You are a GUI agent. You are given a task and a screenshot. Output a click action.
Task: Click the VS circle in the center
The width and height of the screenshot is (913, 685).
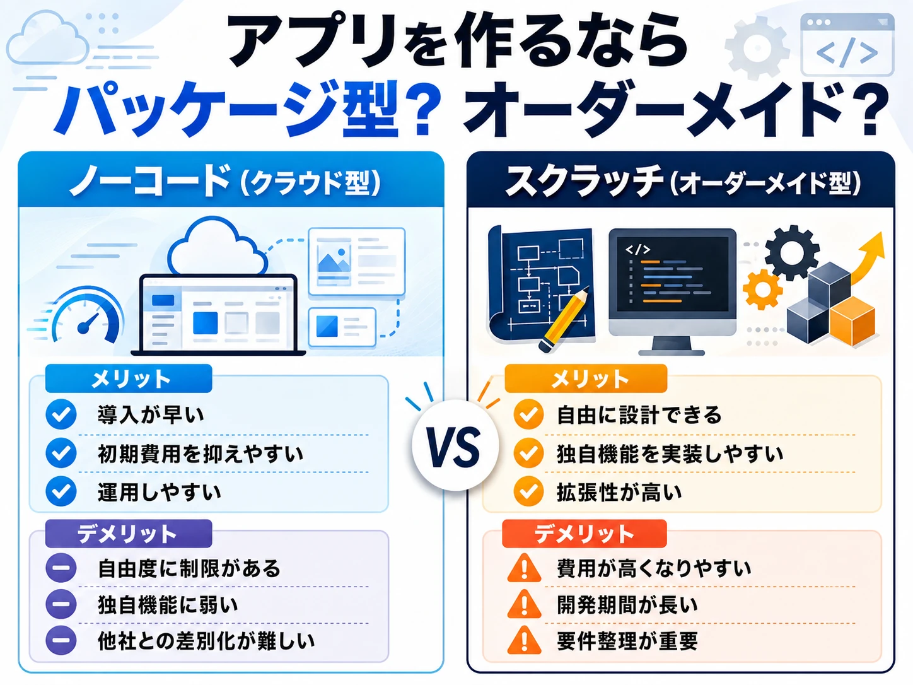(455, 445)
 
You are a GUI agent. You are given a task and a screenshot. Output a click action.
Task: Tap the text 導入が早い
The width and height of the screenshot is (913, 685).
(151, 414)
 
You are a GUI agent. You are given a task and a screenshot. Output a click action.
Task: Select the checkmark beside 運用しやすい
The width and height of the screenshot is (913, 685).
(61, 491)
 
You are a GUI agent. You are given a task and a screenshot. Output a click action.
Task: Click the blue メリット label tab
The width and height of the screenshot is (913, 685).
(129, 378)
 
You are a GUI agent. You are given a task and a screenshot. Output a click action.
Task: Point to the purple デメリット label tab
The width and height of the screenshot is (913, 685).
(129, 534)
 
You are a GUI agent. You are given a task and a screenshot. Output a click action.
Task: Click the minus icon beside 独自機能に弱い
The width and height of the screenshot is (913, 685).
(61, 604)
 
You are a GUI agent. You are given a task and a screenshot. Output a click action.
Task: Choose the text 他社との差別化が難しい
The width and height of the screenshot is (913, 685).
(206, 641)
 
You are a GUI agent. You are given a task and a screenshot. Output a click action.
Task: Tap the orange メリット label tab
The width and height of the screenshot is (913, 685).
(586, 378)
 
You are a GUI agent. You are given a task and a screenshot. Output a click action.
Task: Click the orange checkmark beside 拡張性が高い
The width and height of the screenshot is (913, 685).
(528, 491)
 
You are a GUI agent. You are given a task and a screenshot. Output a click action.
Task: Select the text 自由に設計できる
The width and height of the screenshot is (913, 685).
(639, 414)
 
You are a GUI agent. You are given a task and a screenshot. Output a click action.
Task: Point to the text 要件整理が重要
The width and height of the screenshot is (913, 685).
(627, 641)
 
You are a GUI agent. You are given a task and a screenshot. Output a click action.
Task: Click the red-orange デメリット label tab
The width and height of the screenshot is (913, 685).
(584, 534)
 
